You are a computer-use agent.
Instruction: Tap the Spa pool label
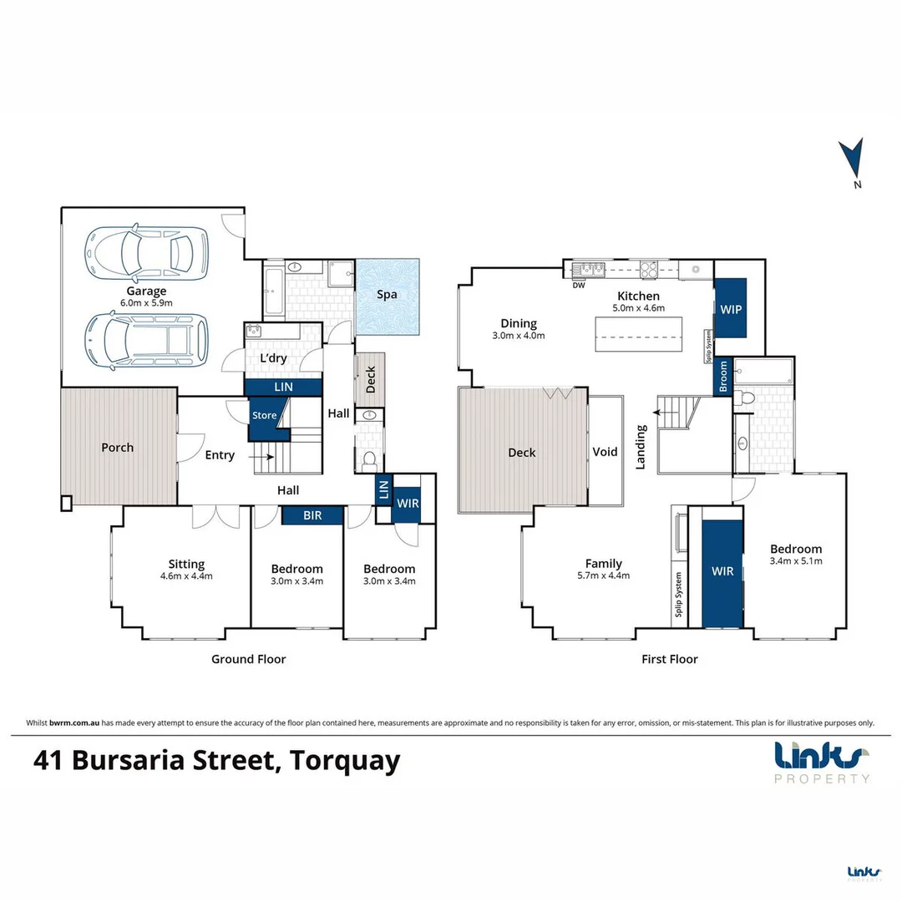pyautogui.click(x=387, y=295)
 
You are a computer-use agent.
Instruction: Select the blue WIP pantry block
pyautogui.click(x=731, y=308)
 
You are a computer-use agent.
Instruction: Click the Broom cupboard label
pyautogui.click(x=722, y=376)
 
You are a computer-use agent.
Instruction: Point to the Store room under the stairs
pyautogui.click(x=264, y=415)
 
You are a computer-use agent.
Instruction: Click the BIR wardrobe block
pyautogui.click(x=312, y=514)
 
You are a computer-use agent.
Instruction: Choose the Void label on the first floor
pyautogui.click(x=605, y=452)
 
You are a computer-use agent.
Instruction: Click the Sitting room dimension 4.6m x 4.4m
pyautogui.click(x=186, y=575)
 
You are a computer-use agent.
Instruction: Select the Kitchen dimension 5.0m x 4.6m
pyautogui.click(x=639, y=308)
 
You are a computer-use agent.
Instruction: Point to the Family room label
pyautogui.click(x=603, y=564)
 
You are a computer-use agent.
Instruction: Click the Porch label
pyautogui.click(x=117, y=447)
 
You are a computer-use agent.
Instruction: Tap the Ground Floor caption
pyautogui.click(x=248, y=659)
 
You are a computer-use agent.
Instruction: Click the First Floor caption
pyautogui.click(x=669, y=659)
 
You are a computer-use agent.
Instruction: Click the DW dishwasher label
pyautogui.click(x=578, y=285)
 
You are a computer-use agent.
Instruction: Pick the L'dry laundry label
pyautogui.click(x=273, y=357)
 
